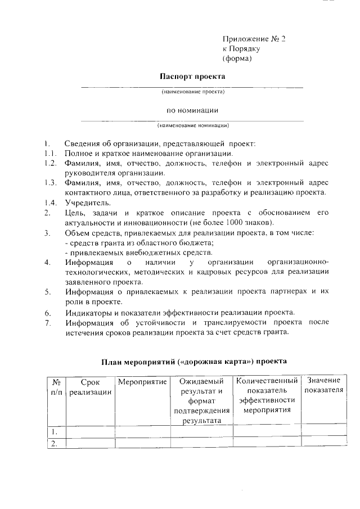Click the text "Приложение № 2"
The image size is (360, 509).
[254, 39]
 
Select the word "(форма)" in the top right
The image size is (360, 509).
[237, 58]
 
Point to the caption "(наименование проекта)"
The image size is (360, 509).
[193, 91]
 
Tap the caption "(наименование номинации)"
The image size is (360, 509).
[193, 125]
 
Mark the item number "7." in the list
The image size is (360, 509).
[48, 323]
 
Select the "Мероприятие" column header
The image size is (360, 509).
[142, 382]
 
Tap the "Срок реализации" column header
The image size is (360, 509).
[90, 387]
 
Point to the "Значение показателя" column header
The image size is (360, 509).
[323, 386]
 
